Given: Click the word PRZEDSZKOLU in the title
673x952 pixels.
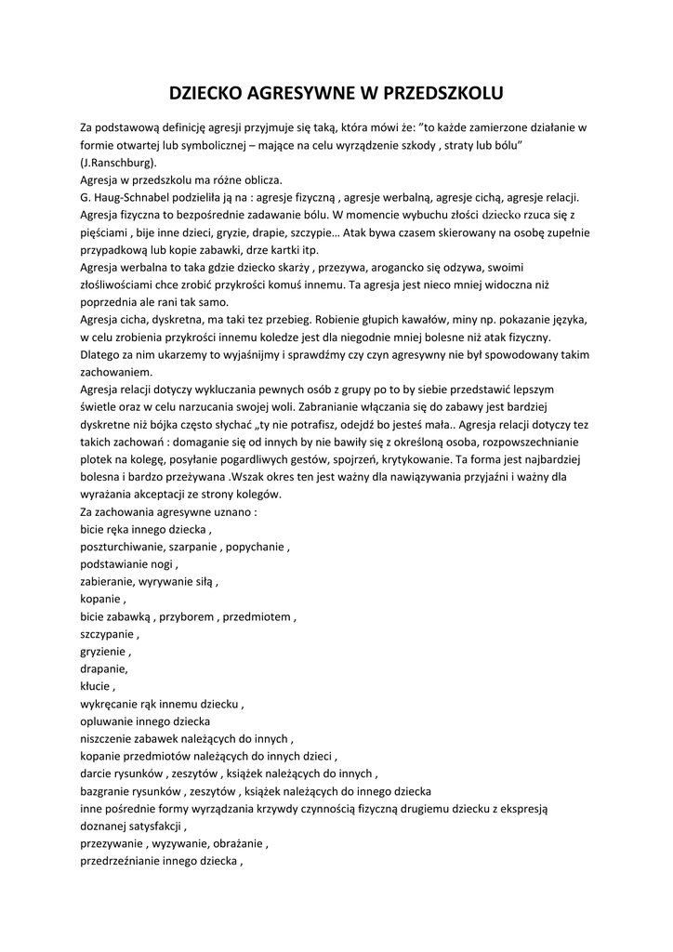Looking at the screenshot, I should [437, 93].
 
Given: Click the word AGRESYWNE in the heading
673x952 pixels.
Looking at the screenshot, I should [297, 93].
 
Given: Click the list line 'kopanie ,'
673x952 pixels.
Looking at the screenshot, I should [103, 600].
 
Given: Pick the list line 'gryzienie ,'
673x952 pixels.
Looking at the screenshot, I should [106, 652].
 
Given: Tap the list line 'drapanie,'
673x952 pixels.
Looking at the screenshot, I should [104, 669].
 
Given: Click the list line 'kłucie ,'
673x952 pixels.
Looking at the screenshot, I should [97, 687].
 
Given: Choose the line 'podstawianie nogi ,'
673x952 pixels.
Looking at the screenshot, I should [129, 564].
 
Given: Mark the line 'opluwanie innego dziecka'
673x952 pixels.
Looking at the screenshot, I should [145, 721].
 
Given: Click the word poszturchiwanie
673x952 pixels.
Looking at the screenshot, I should [122, 547].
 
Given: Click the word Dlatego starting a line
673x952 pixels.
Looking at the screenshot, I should [101, 354].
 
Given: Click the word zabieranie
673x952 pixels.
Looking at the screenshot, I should [107, 582].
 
